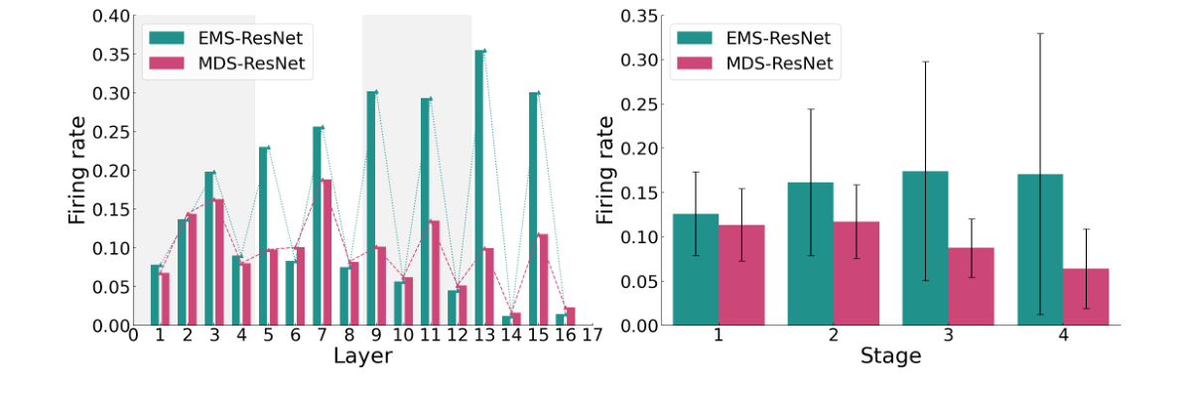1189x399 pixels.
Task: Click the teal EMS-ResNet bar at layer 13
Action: tap(479, 188)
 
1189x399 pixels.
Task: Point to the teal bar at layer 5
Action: tap(263, 236)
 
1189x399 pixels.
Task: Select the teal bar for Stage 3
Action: tap(924, 248)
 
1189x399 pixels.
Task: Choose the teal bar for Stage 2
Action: tap(810, 253)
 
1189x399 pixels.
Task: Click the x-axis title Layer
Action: tap(362, 356)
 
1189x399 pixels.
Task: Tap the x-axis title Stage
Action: tap(890, 355)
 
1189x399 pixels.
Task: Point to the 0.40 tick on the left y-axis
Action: tap(110, 16)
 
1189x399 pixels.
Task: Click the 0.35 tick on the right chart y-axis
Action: tap(637, 16)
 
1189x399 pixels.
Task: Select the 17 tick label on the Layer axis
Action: tap(593, 335)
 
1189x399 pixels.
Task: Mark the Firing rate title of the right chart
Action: tap(603, 169)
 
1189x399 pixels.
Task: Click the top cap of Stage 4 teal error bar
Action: tap(1039, 34)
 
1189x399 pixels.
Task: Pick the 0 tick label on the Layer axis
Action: tap(133, 335)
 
